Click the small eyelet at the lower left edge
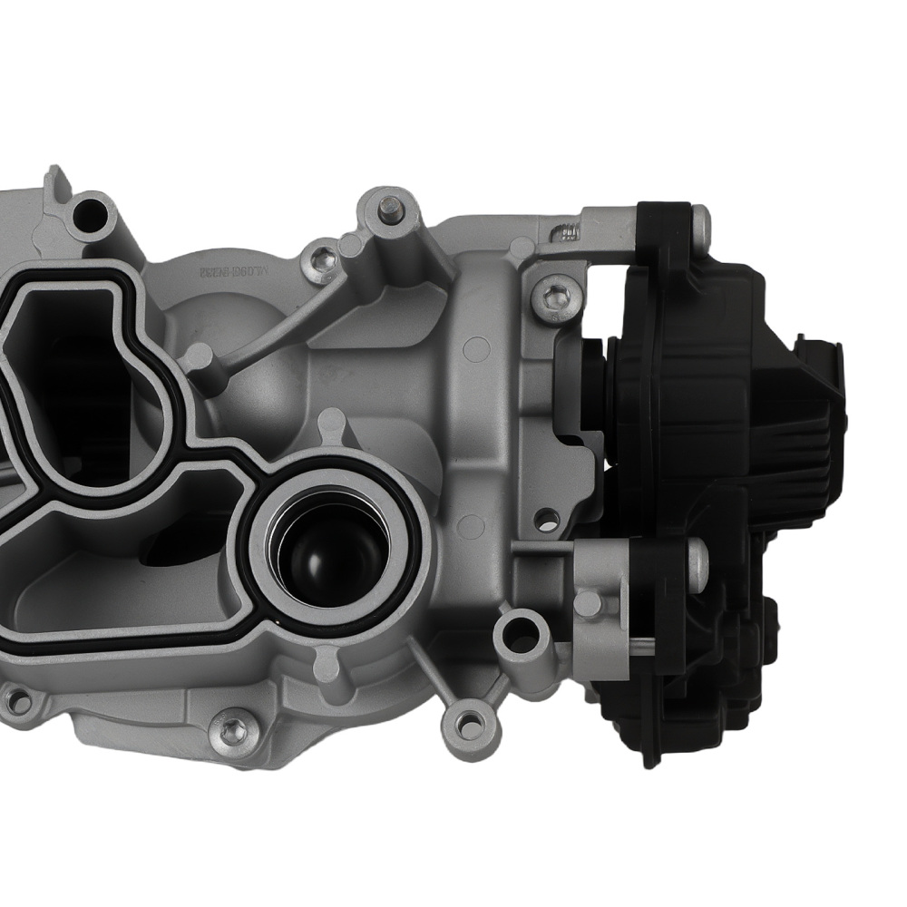[x=15, y=699]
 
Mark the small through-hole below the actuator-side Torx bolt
[x=547, y=520]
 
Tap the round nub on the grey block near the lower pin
[x=588, y=602]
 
